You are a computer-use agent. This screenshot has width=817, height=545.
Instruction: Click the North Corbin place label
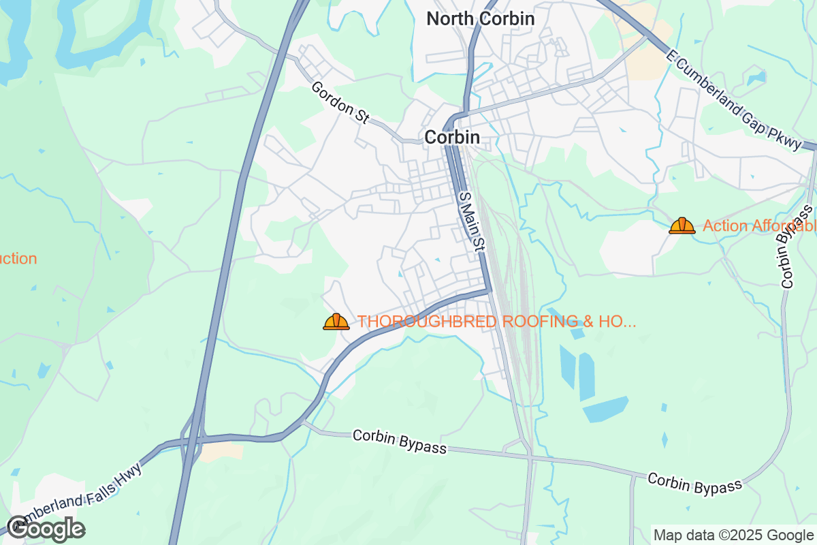[x=481, y=18]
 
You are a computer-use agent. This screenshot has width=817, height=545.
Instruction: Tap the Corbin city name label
[x=452, y=137]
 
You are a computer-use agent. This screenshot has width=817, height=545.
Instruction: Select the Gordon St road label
[x=340, y=103]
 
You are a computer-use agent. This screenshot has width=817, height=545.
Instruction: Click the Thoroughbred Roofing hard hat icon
[x=336, y=322]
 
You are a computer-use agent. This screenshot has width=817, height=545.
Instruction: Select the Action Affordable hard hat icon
[x=682, y=225]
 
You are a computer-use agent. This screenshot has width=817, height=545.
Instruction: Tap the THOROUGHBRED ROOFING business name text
[x=497, y=322]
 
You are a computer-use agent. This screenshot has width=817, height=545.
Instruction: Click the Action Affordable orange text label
[x=759, y=225]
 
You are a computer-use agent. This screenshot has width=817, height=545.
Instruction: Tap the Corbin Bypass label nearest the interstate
[x=400, y=442]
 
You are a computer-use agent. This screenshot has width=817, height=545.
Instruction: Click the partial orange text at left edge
[x=18, y=259]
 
